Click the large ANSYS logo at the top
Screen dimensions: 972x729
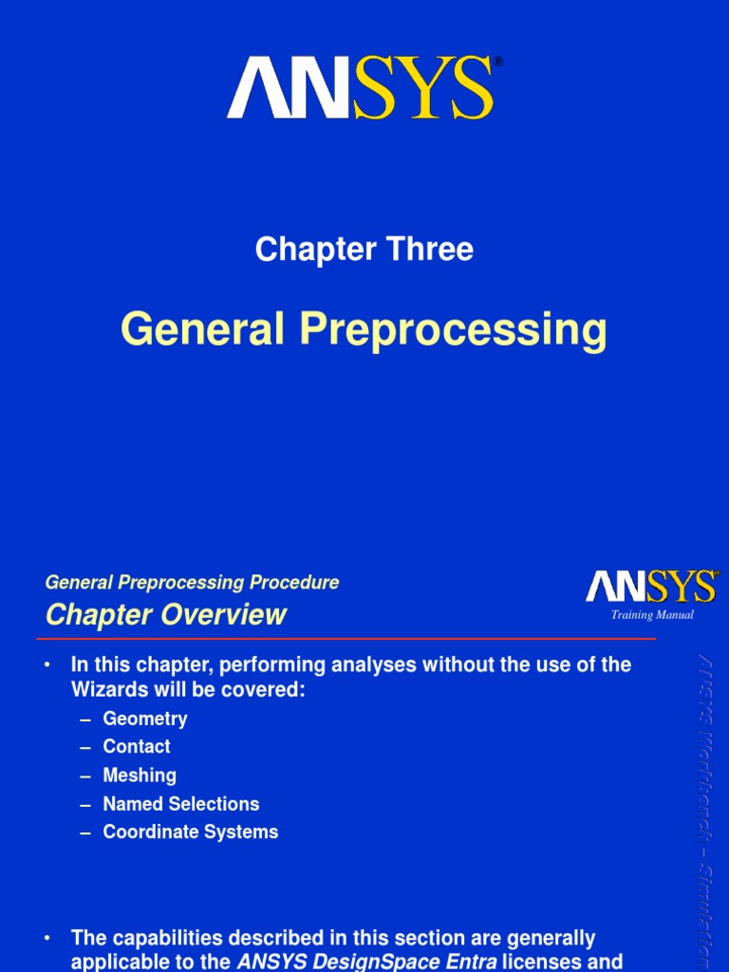[x=361, y=88]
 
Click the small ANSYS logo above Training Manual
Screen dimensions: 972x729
[x=650, y=588]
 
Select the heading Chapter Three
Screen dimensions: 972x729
[x=364, y=250]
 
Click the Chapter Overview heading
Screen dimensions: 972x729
[x=166, y=615]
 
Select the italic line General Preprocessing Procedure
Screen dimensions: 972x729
[x=192, y=583]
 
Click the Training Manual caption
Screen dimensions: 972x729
[x=652, y=615]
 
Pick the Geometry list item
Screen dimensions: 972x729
[x=145, y=719]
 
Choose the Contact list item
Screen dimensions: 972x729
[x=137, y=747]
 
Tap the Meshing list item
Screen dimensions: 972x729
[x=140, y=776]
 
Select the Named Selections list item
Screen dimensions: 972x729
[x=181, y=804]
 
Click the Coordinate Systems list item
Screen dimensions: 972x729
[x=191, y=832]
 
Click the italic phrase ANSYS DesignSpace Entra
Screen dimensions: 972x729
[x=366, y=961]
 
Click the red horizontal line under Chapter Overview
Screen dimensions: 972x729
[x=350, y=639]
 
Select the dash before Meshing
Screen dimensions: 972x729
[x=85, y=776]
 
